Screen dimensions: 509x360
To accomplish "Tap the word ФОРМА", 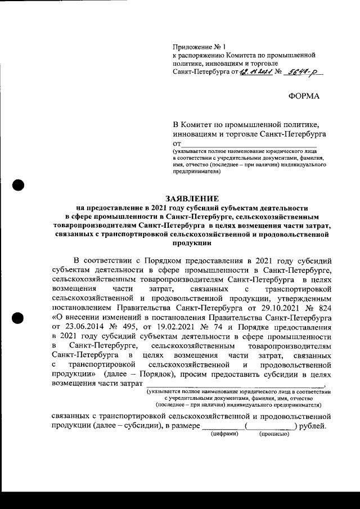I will [303, 96].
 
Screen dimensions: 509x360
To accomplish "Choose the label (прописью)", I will [274, 434].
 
